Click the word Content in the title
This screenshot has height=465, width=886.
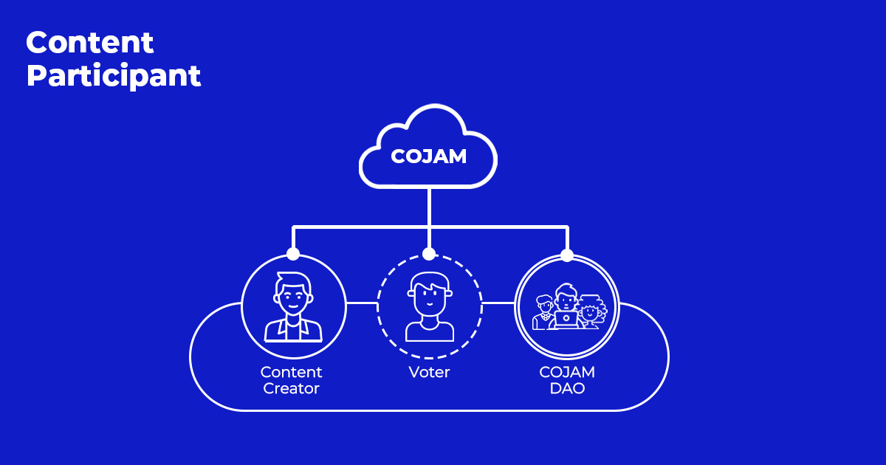point(90,43)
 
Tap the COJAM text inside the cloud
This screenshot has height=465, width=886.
point(428,156)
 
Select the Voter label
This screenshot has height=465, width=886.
point(429,372)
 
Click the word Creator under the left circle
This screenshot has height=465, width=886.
point(291,389)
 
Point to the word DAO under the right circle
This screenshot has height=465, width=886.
point(567,389)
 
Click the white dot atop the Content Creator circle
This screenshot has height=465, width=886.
point(293,254)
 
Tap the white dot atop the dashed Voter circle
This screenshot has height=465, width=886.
point(429,254)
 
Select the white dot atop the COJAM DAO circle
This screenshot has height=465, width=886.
point(567,255)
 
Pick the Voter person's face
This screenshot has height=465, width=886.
point(429,297)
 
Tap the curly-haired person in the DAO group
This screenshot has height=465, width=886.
point(591,311)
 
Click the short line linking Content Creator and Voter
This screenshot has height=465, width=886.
point(361,303)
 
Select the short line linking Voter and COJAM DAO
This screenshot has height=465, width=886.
point(498,303)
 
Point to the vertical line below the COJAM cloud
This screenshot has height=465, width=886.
point(429,207)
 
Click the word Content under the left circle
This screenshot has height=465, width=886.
point(291,372)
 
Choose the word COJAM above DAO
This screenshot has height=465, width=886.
point(567,372)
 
